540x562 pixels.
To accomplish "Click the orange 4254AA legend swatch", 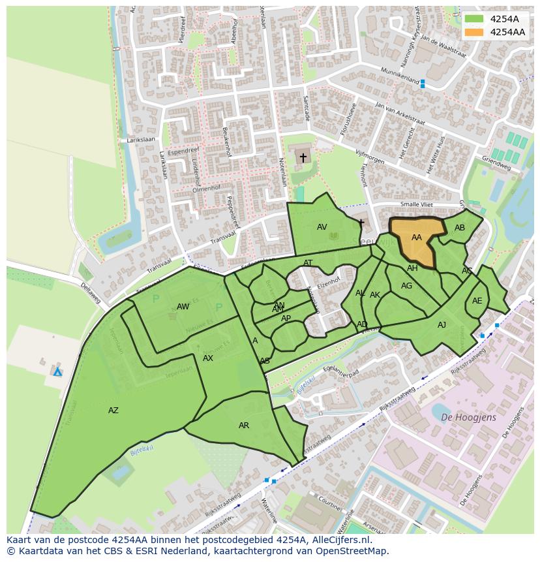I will [x=474, y=32].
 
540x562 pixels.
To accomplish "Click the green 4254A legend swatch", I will [x=474, y=19].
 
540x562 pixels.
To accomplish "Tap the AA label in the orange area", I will [x=417, y=238].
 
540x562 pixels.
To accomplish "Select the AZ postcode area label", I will [x=113, y=411].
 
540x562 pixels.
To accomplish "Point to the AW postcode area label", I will [x=183, y=307].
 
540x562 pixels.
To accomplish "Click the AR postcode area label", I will [x=244, y=426].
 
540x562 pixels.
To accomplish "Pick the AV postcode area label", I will [x=322, y=227].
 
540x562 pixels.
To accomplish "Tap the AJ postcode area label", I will [x=442, y=325].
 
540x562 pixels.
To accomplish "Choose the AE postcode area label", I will [x=477, y=301].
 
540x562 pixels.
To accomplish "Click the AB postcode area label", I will [x=460, y=228].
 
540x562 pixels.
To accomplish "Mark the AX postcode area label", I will [x=208, y=358].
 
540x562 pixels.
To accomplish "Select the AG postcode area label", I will [x=407, y=286].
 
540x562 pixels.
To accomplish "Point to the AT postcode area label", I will [x=308, y=263].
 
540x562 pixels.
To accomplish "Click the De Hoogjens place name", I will [x=468, y=417].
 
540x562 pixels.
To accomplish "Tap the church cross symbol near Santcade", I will [x=303, y=158].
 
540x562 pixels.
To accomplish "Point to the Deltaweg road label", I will [x=91, y=293].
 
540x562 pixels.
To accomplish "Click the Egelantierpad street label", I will [x=341, y=372].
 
